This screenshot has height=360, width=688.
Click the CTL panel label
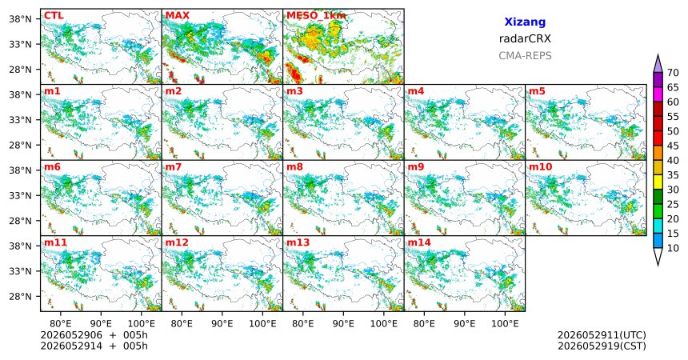pyautogui.click(x=54, y=16)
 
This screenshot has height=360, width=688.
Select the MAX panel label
pyautogui.click(x=178, y=16)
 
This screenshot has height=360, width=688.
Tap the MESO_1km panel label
pyautogui.click(x=316, y=16)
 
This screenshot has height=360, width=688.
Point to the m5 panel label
pyautogui.click(x=537, y=91)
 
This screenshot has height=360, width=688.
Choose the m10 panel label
pyautogui.click(x=540, y=167)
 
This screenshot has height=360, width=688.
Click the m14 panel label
pyautogui.click(x=419, y=242)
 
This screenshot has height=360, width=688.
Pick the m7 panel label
pyautogui.click(x=174, y=167)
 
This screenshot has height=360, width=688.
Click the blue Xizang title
pyautogui.click(x=525, y=22)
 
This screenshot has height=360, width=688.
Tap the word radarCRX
pyautogui.click(x=525, y=38)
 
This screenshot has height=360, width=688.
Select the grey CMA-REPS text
pyautogui.click(x=525, y=56)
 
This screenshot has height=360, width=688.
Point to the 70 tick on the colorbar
pyautogui.click(x=673, y=73)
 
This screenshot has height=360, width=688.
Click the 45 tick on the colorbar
pyautogui.click(x=673, y=146)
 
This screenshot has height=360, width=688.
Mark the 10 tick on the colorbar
pyautogui.click(x=673, y=249)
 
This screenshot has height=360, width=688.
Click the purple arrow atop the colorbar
pyautogui.click(x=658, y=64)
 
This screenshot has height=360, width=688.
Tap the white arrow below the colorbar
pyautogui.click(x=658, y=256)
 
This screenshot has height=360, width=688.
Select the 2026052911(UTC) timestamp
pyautogui.click(x=602, y=335)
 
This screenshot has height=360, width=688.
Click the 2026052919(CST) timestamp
pyautogui.click(x=602, y=346)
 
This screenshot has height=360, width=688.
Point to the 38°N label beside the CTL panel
pyautogui.click(x=20, y=19)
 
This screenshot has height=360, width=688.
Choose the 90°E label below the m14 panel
pyautogui.click(x=465, y=323)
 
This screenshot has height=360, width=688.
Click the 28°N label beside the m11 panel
pyautogui.click(x=20, y=296)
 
